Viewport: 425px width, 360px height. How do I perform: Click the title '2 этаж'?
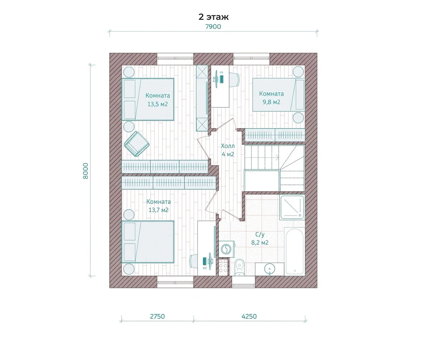click(213, 17)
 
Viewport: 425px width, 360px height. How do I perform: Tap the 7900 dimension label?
click(213, 27)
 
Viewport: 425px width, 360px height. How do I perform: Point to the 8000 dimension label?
click(85, 171)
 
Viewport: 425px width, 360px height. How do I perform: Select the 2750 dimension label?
click(157, 316)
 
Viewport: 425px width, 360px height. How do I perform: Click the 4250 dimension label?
click(249, 316)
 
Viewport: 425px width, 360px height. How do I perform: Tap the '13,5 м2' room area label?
click(158, 104)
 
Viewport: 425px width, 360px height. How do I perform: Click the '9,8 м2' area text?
click(271, 102)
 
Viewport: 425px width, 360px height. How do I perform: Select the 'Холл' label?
click(228, 146)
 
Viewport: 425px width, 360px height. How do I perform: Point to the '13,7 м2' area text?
click(159, 210)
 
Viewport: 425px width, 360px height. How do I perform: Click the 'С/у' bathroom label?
click(260, 234)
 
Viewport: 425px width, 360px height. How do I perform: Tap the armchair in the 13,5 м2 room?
click(137, 144)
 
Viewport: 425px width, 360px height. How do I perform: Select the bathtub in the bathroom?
click(295, 251)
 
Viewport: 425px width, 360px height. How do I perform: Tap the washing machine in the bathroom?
click(226, 249)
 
